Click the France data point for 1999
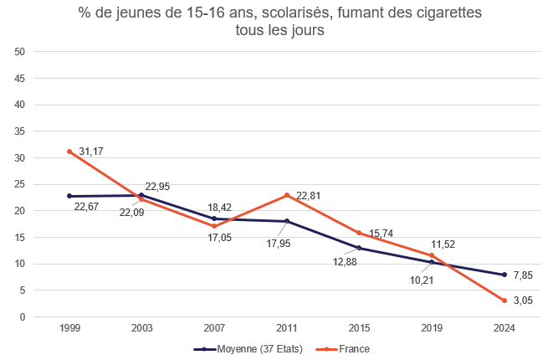69,152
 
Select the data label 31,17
92,152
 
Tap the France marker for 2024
504,301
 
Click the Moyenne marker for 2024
504,275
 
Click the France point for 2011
287,195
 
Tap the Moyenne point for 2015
359,248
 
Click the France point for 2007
214,226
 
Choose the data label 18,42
220,206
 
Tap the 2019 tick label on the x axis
432,328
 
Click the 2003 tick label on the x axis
142,328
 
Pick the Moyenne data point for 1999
69,196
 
